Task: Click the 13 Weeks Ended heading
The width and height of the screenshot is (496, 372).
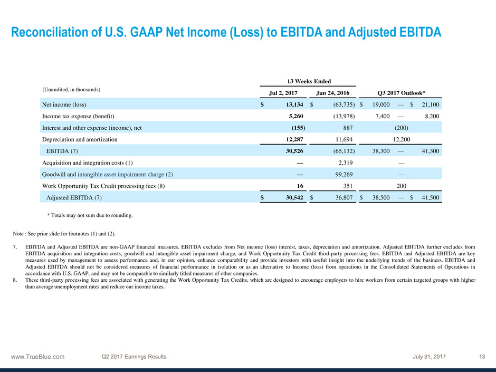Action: click(309, 81)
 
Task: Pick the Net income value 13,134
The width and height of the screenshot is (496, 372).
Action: click(292, 104)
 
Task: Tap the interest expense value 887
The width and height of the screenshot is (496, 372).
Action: click(347, 128)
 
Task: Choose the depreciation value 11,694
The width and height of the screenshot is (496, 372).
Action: click(343, 139)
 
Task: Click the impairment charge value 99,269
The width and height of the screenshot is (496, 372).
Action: click(343, 174)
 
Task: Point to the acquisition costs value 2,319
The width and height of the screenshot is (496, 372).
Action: click(345, 163)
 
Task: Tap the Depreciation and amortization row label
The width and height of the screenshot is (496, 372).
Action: click(80, 139)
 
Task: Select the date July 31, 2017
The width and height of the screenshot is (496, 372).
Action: click(430, 357)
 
